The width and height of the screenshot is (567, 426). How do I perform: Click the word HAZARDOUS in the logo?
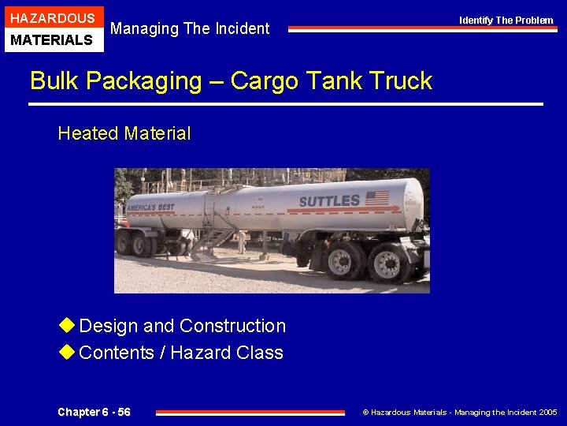point(53,17)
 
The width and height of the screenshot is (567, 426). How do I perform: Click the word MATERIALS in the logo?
point(53,39)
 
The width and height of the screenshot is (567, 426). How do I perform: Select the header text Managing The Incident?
point(190,28)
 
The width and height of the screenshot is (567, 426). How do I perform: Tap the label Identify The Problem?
point(506,20)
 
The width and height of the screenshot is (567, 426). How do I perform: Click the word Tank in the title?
point(329,80)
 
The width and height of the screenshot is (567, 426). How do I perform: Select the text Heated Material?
point(124,133)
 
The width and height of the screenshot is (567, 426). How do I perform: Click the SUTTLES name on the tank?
point(329,201)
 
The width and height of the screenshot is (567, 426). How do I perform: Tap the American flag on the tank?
point(376,198)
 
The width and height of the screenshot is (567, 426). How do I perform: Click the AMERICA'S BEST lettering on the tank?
point(150,207)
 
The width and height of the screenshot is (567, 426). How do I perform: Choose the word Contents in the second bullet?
point(117,353)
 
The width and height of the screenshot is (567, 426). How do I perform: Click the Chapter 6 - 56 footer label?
point(94,413)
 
